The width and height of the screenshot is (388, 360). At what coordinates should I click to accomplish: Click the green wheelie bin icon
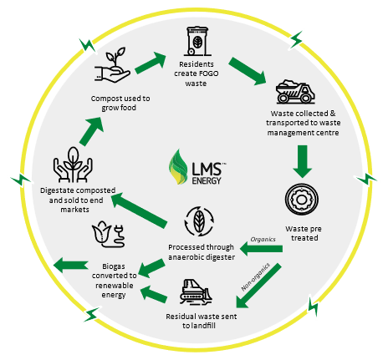197,41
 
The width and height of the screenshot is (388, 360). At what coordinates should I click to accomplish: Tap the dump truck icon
295,91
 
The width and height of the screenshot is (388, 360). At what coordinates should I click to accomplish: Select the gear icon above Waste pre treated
302,199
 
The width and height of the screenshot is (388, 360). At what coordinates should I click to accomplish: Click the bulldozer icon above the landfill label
196,292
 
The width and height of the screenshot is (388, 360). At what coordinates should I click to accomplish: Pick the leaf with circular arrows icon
199,221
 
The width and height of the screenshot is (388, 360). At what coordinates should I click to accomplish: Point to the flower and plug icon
108,235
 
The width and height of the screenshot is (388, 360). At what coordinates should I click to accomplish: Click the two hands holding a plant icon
73,165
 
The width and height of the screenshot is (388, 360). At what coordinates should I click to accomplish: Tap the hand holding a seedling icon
112,65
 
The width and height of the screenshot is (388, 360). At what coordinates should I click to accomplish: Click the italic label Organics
263,239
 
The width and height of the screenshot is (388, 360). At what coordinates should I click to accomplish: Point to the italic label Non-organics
256,276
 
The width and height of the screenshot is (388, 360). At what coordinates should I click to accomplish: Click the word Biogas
114,266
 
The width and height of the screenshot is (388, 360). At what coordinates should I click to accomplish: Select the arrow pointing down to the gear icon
302,161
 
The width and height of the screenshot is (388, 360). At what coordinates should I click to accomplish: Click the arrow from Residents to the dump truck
248,71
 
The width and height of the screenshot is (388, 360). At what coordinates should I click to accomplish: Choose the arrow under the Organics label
261,248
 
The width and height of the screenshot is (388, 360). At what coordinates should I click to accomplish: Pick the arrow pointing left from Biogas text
71,265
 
